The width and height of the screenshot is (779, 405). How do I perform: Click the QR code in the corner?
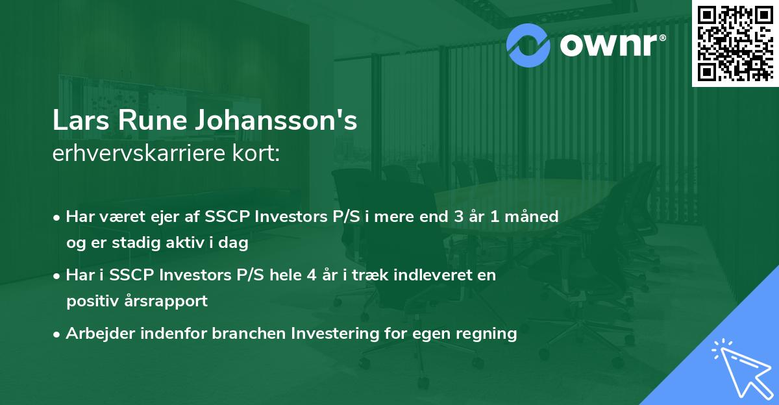tap(734, 43)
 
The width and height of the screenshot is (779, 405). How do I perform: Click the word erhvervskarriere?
tap(145, 154)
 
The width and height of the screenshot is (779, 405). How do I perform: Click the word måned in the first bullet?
tap(532, 216)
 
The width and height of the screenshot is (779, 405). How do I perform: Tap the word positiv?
tap(90, 301)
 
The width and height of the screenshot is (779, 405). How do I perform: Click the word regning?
tap(488, 334)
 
